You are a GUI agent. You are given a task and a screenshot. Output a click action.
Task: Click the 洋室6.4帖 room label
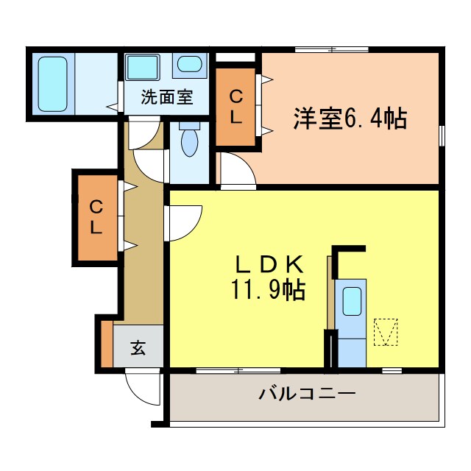click(x=350, y=118)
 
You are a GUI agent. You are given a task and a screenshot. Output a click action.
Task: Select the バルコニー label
click(x=307, y=394)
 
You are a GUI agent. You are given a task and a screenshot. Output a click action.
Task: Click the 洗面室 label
click(x=167, y=96)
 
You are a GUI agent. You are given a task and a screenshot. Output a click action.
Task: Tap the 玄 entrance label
click(x=138, y=348)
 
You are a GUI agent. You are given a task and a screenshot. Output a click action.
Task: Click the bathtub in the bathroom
click(x=53, y=82)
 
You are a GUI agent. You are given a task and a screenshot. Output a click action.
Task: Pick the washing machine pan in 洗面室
click(x=141, y=67)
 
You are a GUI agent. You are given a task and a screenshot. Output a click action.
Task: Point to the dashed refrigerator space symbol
click(x=385, y=331)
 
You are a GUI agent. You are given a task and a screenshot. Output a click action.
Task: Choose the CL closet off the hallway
click(x=97, y=216)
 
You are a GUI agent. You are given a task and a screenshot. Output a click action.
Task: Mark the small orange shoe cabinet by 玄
click(x=107, y=344)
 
